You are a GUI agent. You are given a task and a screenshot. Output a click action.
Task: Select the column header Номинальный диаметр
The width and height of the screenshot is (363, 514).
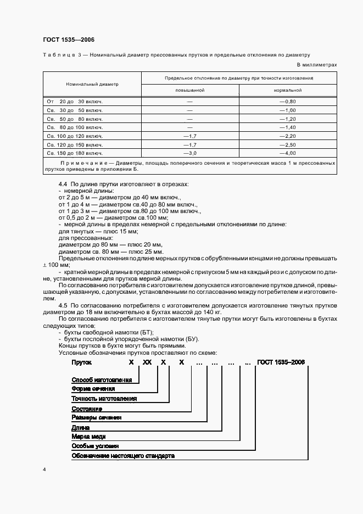coord(92,85)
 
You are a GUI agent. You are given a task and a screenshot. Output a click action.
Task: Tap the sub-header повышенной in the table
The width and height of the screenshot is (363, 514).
coord(189,90)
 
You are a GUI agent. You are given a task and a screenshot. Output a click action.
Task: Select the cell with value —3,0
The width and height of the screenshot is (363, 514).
coord(189,153)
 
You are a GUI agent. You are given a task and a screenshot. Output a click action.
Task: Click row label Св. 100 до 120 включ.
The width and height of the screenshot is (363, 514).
coord(75,136)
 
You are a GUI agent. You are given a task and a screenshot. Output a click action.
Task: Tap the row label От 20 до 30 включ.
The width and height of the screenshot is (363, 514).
coord(75,102)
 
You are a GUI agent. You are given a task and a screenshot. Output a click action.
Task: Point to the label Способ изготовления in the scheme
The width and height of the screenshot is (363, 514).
coord(102,380)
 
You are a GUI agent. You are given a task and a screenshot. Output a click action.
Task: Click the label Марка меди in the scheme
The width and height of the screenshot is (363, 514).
coord(90,437)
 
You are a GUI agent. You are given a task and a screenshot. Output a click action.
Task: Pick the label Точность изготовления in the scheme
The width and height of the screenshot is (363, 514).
coord(104,399)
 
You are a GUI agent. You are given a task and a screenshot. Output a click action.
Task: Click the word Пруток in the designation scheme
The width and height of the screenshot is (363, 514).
coord(82,363)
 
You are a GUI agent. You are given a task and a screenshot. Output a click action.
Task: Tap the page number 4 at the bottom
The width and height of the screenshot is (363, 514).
coord(44,470)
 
